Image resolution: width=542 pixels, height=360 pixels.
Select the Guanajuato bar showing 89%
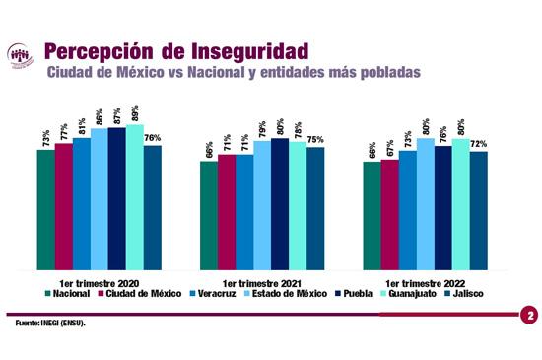(135, 197)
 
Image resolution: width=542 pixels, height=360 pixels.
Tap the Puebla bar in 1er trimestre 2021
(280, 204)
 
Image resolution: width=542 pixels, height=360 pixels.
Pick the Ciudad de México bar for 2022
(389, 214)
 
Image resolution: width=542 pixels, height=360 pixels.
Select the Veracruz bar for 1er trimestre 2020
(82, 203)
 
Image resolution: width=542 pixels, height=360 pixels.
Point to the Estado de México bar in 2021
(262, 205)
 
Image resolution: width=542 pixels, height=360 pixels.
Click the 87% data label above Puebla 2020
(117, 114)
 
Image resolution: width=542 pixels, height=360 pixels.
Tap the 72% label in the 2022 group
(478, 144)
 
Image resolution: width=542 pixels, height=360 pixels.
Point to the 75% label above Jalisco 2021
(315, 140)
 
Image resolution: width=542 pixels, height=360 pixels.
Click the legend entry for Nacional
(72, 293)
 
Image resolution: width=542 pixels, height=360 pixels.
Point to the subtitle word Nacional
(262, 72)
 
